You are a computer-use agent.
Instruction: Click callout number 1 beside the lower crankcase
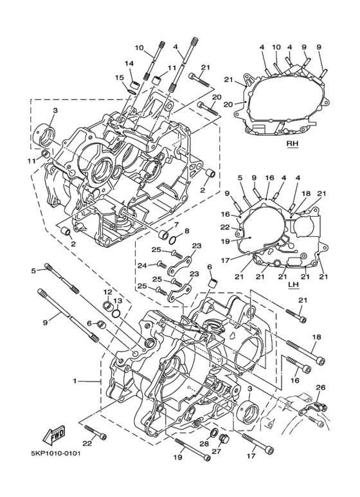[x=75, y=381]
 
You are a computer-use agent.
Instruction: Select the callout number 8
[x=186, y=231]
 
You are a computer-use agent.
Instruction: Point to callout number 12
[x=107, y=292]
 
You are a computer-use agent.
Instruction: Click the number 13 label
[x=118, y=300]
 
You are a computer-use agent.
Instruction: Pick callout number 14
[x=129, y=63]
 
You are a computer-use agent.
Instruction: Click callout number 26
[x=321, y=387]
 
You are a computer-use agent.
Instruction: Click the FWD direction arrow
[x=54, y=437]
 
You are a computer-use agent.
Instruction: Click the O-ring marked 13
[x=116, y=314]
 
